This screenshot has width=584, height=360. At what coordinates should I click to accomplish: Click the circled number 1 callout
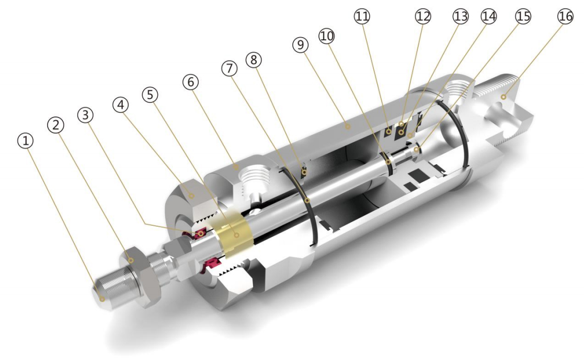[25, 141]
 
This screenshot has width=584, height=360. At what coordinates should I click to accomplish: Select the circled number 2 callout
[55, 125]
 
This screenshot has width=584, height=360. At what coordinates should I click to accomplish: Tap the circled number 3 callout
[85, 114]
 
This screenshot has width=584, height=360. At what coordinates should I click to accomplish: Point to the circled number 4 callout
[120, 104]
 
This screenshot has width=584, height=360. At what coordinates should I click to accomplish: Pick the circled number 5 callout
[150, 95]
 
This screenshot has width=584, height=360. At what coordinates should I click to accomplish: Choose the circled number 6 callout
[191, 82]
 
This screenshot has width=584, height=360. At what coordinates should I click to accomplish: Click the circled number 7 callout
[230, 68]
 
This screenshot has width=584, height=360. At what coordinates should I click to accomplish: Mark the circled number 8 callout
[254, 59]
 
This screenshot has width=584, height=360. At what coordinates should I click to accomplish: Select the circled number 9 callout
[301, 45]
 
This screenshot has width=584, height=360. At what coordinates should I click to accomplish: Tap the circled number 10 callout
[327, 36]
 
